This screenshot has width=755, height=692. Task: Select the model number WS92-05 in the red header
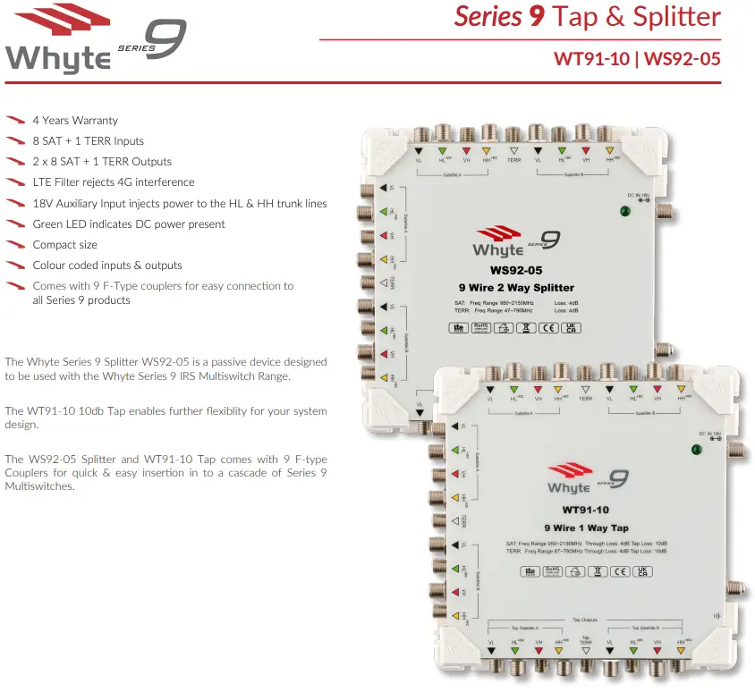click(682, 60)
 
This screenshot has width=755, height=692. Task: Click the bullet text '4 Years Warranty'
click(75, 121)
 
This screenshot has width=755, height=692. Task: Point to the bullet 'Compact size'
click(64, 245)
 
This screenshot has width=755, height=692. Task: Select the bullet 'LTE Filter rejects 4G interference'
click(114, 182)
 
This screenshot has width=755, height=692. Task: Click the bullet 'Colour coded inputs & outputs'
click(106, 266)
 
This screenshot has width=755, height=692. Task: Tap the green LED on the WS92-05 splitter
click(624, 212)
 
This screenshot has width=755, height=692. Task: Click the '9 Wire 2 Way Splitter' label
click(517, 287)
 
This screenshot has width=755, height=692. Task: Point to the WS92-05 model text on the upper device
click(516, 269)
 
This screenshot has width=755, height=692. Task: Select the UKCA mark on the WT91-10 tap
click(641, 570)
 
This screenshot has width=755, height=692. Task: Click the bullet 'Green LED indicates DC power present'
click(129, 224)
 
